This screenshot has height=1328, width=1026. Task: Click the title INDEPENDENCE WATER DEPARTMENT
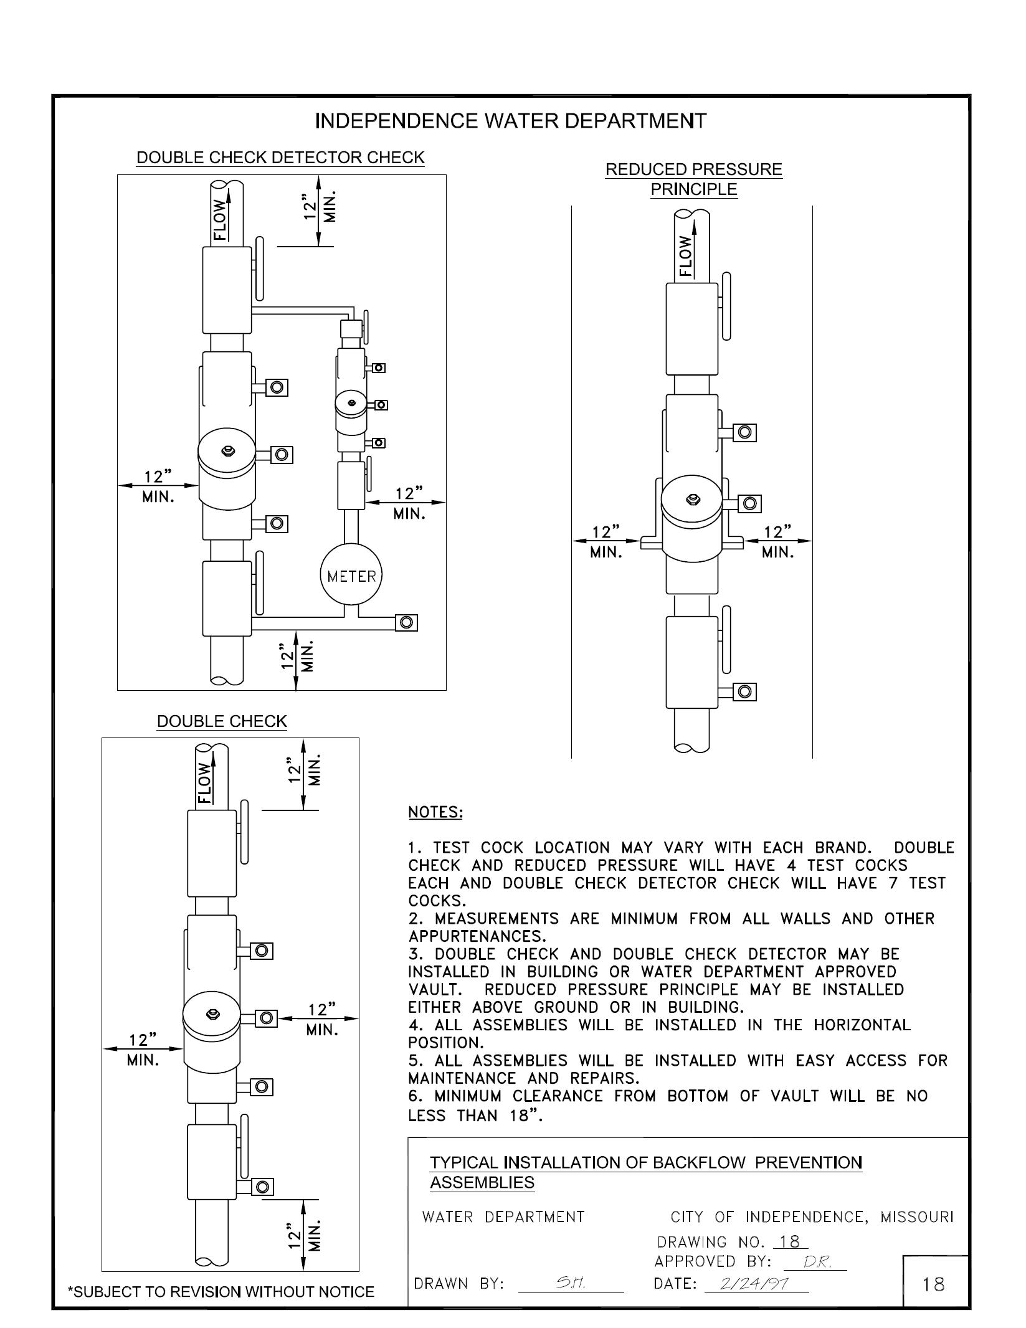(511, 121)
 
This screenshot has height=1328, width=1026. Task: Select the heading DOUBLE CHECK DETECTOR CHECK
(280, 158)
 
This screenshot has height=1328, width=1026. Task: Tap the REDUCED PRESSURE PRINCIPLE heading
(693, 179)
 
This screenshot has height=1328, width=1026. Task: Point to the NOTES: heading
(435, 812)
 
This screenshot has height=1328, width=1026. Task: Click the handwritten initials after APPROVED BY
(814, 1262)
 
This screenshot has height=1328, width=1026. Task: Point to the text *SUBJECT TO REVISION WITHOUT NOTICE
(221, 1292)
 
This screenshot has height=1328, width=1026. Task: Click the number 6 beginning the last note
(413, 1096)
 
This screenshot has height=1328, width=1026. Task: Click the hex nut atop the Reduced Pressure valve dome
(691, 498)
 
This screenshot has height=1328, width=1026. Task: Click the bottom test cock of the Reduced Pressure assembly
(744, 691)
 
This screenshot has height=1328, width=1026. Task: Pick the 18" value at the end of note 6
(524, 1116)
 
